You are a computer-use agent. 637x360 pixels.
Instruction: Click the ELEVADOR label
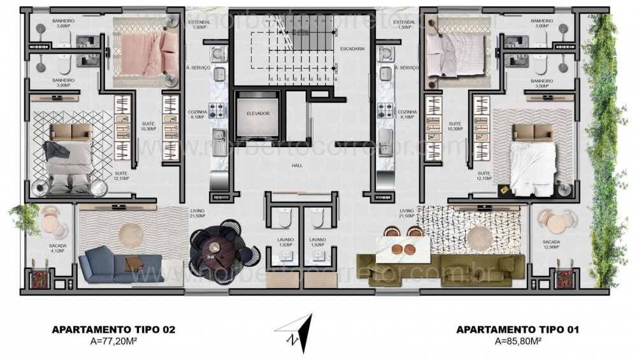259,113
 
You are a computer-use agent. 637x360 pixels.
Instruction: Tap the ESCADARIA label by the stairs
352,48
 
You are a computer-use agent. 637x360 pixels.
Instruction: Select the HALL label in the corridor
297,165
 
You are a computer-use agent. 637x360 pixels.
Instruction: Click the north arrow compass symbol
294,332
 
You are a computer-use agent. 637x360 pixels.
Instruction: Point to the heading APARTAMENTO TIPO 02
113,329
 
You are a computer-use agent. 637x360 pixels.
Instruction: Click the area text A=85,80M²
518,341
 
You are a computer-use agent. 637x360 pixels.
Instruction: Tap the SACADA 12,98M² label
552,245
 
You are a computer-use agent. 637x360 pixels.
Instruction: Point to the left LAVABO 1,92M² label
283,242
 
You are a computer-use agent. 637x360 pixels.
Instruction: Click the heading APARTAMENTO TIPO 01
518,329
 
